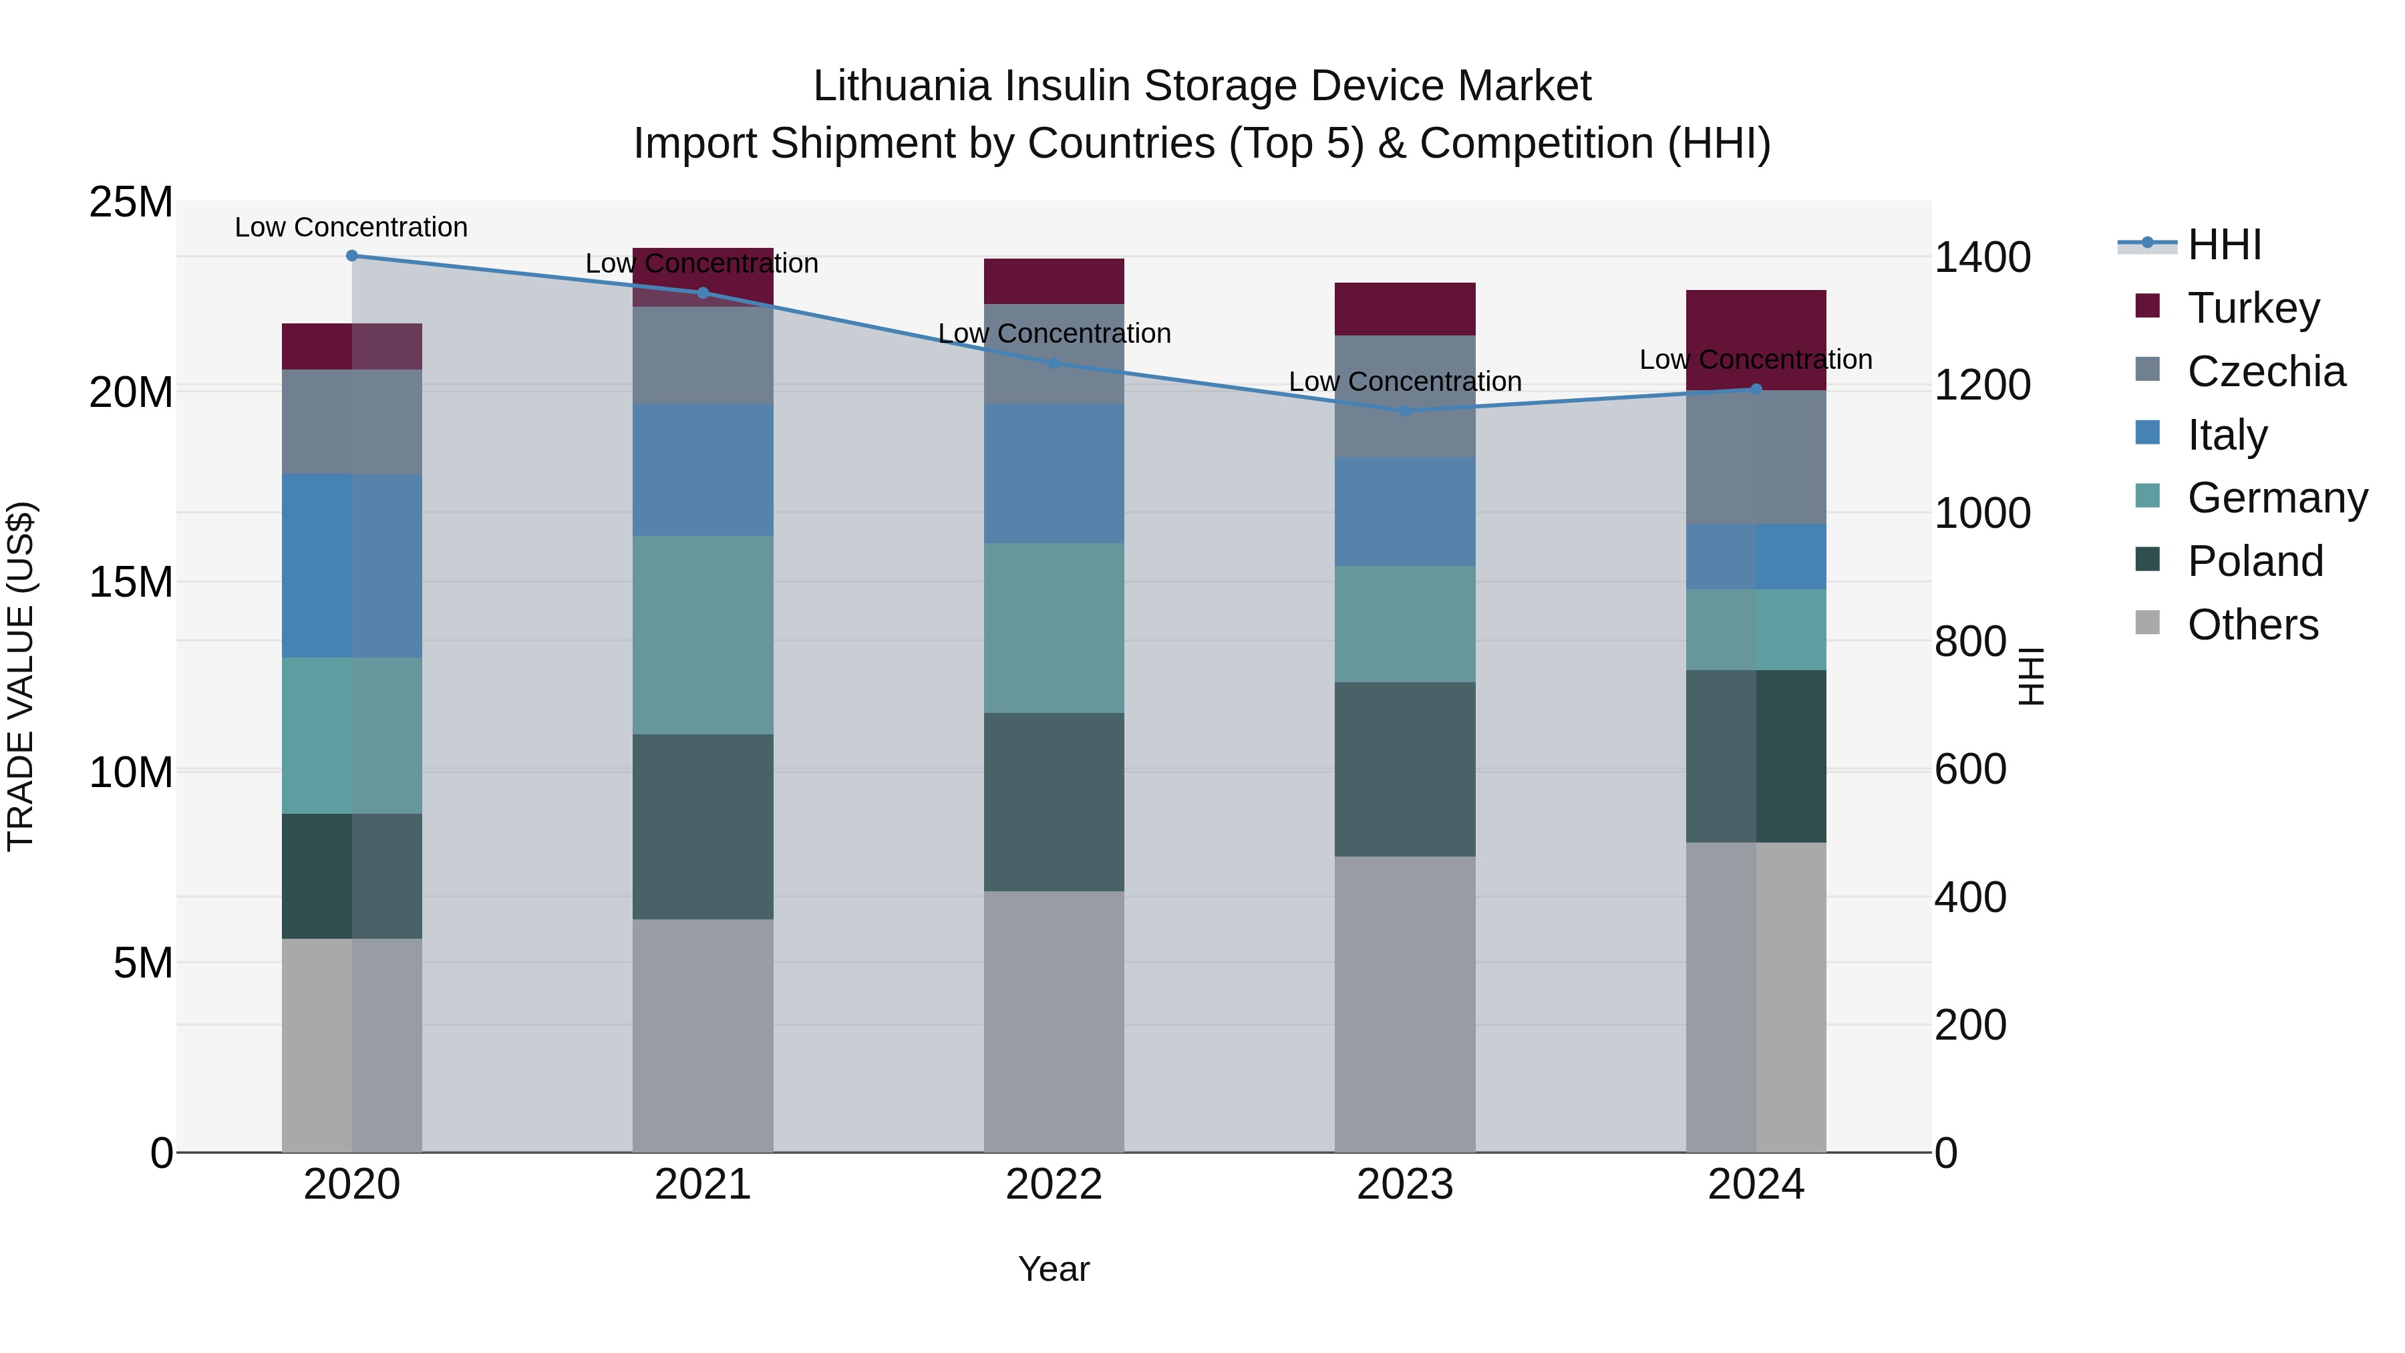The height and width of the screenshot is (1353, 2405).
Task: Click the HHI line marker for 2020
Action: click(x=352, y=256)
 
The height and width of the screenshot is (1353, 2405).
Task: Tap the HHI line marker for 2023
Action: click(x=1405, y=411)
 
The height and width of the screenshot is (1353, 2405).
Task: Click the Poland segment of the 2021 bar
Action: click(x=703, y=826)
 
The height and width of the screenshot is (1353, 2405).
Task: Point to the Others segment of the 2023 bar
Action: click(x=1405, y=1004)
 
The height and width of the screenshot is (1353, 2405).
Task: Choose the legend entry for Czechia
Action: click(x=2266, y=371)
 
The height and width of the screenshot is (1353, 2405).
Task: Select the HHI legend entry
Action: click(x=2224, y=245)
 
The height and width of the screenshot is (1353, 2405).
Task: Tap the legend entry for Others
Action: click(x=2252, y=625)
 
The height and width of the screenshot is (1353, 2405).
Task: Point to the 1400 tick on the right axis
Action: click(x=1982, y=258)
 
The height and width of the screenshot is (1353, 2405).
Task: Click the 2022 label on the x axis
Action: click(x=1054, y=1184)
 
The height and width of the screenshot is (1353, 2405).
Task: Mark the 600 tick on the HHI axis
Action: click(x=1970, y=770)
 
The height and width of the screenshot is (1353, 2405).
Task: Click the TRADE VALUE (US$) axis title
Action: click(x=21, y=676)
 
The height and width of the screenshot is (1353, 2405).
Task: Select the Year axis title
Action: click(x=1054, y=1269)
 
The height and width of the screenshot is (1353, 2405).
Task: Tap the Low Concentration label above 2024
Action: click(x=1755, y=359)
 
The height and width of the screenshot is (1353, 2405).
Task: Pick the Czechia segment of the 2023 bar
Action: click(x=1405, y=396)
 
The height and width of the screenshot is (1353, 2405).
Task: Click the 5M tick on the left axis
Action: click(x=143, y=963)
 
